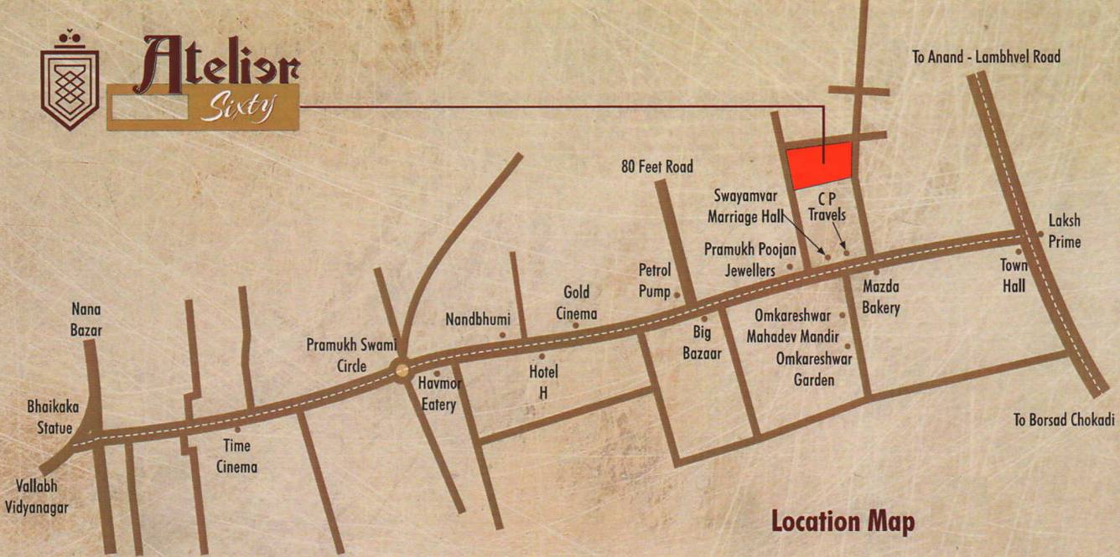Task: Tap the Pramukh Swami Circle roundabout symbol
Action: (402, 369)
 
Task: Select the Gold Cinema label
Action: (576, 302)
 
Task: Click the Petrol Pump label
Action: (655, 281)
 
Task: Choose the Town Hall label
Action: (1014, 274)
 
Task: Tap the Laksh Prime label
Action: (1065, 231)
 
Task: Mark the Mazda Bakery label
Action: (881, 297)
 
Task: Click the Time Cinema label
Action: (236, 456)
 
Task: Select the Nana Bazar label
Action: (86, 319)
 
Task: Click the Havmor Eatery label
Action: (439, 394)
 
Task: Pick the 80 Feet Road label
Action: (657, 167)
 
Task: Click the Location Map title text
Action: (843, 521)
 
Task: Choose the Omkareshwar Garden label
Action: (814, 369)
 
